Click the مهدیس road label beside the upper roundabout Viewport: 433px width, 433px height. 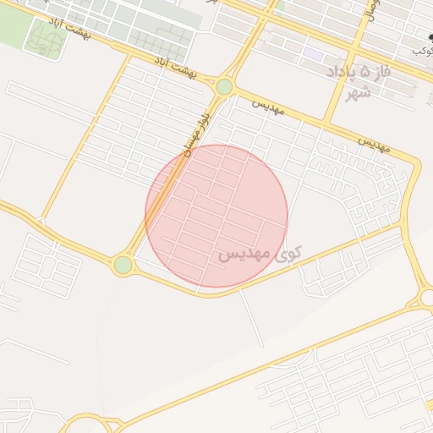[268, 107]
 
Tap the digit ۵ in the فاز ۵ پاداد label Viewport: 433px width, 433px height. [365, 71]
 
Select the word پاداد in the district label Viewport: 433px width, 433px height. [343, 72]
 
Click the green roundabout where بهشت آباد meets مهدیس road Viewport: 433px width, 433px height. [224, 86]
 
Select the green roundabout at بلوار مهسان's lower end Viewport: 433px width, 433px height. [123, 265]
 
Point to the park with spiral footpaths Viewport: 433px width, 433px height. [44, 36]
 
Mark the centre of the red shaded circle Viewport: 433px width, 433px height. [216, 216]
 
